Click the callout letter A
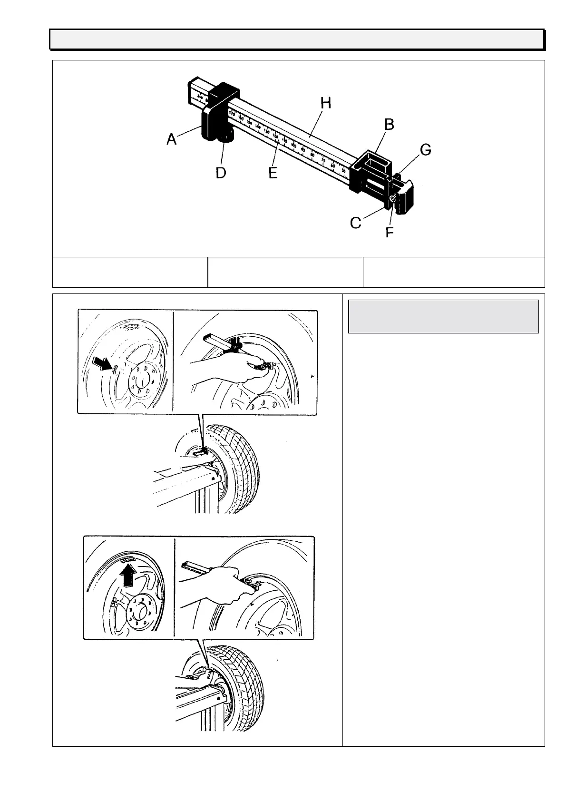[x=171, y=139]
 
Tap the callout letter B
[x=389, y=125]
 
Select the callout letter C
[x=356, y=222]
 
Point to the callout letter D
[x=221, y=173]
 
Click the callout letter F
[x=390, y=233]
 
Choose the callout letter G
[x=425, y=150]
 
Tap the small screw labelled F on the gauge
[x=392, y=199]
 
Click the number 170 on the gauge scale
[x=232, y=114]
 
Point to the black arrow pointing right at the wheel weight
[x=105, y=367]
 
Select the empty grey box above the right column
[x=443, y=316]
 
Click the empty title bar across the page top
[x=297, y=39]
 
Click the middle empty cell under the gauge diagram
[x=285, y=272]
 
